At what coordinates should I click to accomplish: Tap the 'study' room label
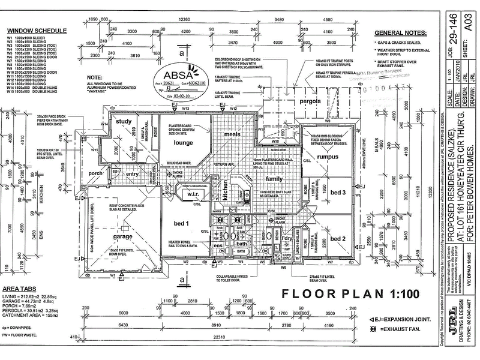pyautogui.click(x=124, y=122)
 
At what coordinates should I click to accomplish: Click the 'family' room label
pyautogui.click(x=274, y=179)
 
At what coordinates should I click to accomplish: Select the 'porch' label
pyautogui.click(x=95, y=173)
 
